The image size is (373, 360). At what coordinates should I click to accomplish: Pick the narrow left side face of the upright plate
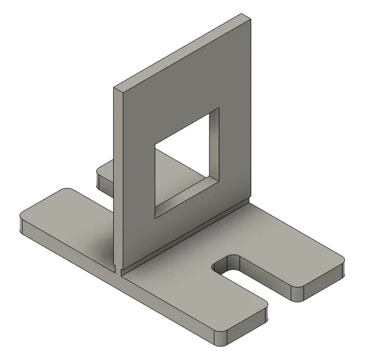117,173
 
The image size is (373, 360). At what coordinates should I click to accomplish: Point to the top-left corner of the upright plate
115,89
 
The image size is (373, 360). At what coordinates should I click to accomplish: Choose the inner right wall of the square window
215,144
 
